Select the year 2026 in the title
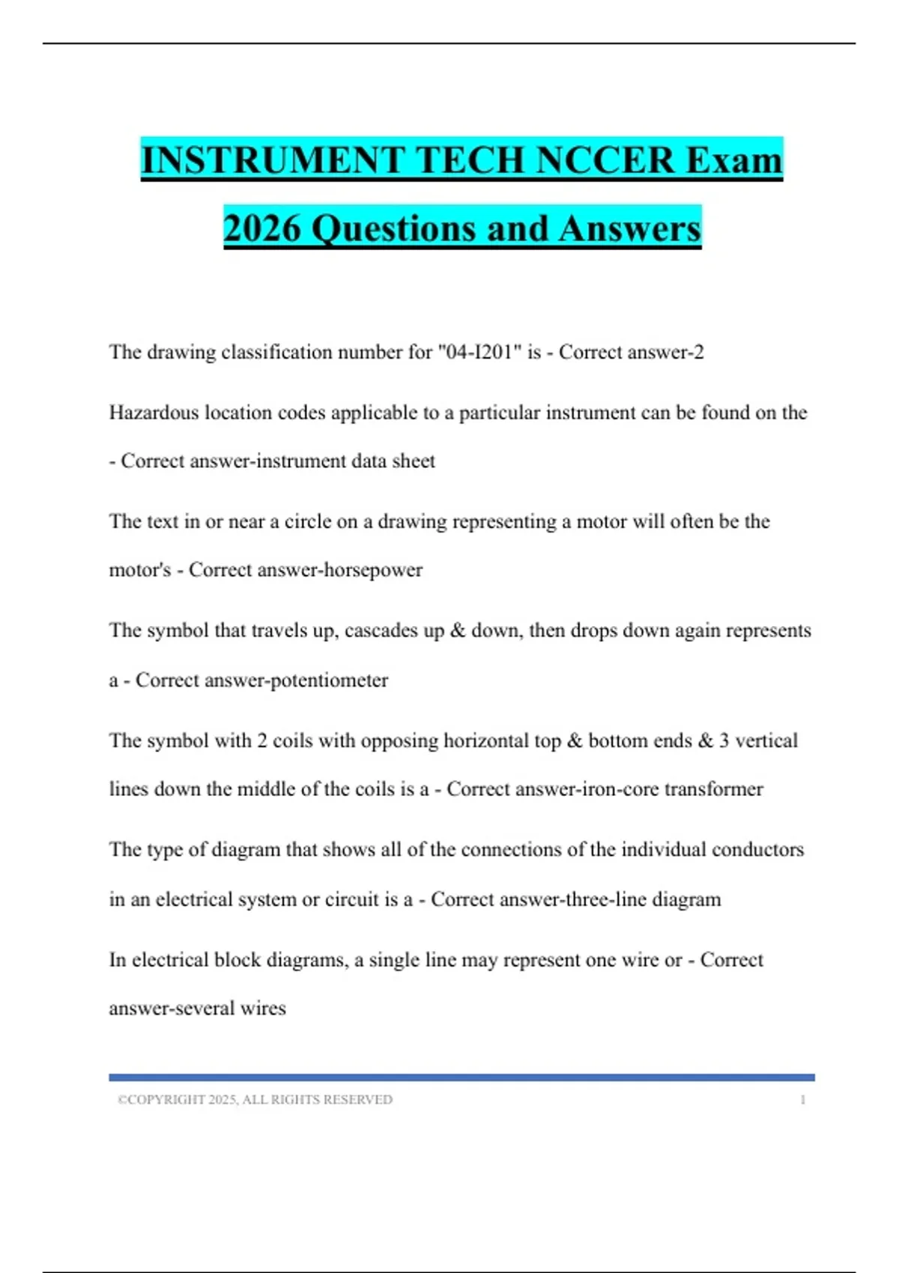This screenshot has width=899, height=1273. (x=261, y=228)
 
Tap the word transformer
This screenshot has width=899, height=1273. (x=714, y=789)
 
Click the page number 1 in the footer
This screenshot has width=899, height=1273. (x=803, y=1100)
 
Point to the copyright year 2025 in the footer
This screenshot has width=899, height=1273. (x=223, y=1100)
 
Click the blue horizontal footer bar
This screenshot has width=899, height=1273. (x=461, y=1078)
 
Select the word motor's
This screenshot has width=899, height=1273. (x=140, y=570)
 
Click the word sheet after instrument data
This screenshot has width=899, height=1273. (x=414, y=461)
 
